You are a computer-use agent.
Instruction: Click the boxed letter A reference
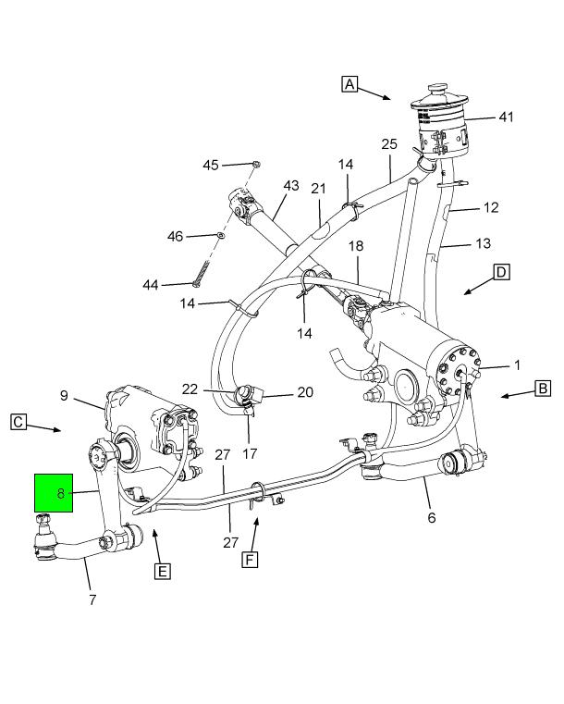349,84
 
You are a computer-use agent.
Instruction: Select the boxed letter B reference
543,389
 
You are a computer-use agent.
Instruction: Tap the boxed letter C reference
18,421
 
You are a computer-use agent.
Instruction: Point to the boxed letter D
501,272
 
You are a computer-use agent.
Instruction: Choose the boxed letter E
162,571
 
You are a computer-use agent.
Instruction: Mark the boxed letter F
248,560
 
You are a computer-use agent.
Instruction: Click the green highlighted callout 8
61,493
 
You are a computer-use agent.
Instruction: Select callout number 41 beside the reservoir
505,117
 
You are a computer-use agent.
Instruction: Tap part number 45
211,165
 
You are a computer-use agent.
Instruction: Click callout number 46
176,237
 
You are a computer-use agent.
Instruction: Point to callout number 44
151,284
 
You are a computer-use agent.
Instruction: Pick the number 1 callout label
517,364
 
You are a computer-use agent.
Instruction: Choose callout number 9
65,396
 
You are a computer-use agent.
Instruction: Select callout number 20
305,392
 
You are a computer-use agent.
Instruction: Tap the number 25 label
389,144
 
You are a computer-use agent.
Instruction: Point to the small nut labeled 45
256,164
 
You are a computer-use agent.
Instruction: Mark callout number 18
356,246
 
